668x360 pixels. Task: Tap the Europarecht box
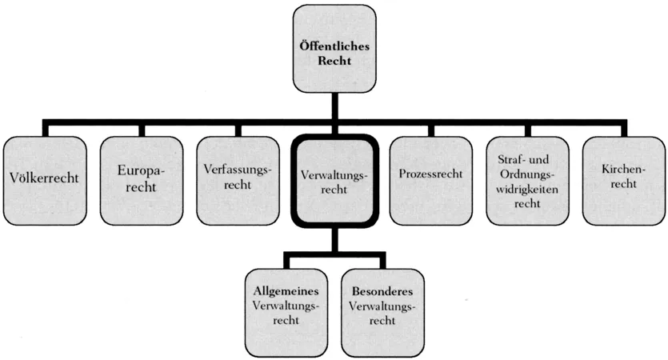(x=141, y=179)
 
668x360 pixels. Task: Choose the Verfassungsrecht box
(x=238, y=179)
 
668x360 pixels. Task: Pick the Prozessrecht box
(x=430, y=179)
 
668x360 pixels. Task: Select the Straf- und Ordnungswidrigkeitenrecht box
(x=526, y=179)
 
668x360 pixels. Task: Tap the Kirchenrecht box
(x=621, y=179)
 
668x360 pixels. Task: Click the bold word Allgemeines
(x=285, y=290)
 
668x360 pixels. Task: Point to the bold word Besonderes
(x=382, y=290)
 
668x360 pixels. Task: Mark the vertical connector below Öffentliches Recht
(x=334, y=106)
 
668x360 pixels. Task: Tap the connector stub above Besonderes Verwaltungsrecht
(x=382, y=262)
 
